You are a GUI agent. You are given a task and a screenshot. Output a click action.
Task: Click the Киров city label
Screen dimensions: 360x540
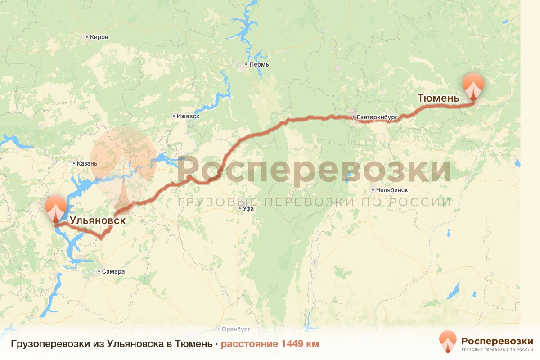coord(99,37)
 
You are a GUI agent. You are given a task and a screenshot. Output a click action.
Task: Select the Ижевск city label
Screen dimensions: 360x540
coord(188,116)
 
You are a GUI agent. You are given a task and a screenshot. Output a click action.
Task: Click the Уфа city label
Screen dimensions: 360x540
coord(248,209)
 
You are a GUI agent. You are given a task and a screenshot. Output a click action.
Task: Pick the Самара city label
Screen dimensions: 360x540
coord(113,272)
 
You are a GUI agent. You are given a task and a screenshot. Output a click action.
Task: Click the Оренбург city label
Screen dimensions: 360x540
coord(236,329)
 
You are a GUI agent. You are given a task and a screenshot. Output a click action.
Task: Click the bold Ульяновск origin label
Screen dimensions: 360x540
coord(97,221)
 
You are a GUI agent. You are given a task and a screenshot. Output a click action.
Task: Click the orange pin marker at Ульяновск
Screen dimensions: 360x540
coord(55,208)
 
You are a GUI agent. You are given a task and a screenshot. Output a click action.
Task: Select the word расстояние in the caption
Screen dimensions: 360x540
coord(249,344)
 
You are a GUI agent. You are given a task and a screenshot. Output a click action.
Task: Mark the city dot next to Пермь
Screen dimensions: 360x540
coord(246,64)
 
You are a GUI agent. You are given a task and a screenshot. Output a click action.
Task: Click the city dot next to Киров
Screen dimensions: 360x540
coord(87,37)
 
